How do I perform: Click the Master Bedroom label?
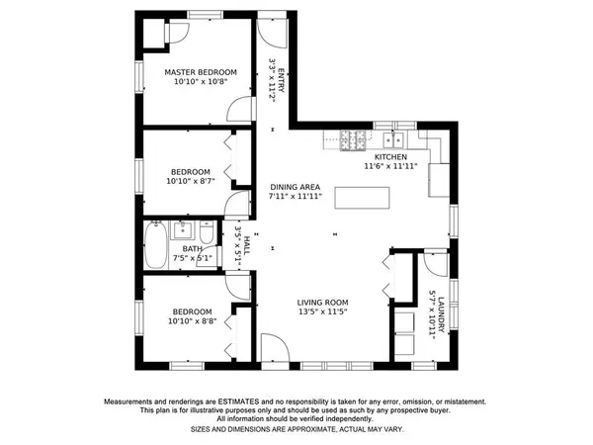201,72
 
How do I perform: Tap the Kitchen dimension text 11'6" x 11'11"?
390,166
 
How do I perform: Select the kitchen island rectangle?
362,198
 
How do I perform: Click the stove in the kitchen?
353,140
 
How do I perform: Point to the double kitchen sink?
393,140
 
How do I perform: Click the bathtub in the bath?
155,245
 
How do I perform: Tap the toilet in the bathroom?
207,232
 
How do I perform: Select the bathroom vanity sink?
182,230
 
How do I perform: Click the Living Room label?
322,303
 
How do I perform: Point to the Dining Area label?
295,187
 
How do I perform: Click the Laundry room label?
441,315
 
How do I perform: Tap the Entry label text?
281,80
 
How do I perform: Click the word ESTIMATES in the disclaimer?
238,401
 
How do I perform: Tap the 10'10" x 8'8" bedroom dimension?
193,321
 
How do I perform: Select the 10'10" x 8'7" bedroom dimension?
191,181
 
